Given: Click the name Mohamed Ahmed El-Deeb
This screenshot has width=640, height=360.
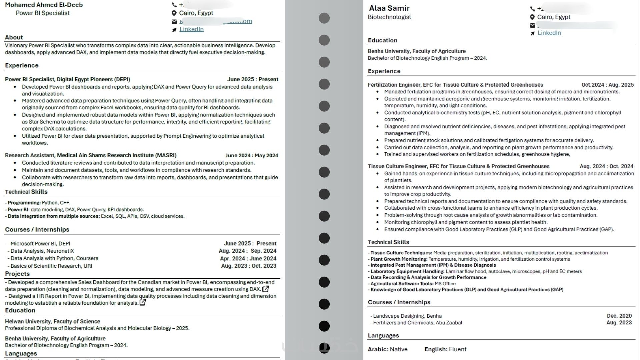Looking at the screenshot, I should point(44,5).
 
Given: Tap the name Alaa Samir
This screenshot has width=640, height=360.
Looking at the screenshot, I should point(389,8).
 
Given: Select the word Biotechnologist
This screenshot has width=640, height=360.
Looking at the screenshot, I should point(389,17).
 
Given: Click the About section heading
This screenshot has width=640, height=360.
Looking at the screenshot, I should point(14,37).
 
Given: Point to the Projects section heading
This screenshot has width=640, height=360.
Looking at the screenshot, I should point(17,274).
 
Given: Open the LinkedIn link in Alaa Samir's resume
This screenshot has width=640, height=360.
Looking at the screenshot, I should point(549,33).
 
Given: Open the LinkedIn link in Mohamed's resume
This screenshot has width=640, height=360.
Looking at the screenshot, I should point(191,29).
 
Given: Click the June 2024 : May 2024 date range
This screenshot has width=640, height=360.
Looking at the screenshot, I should point(252,155).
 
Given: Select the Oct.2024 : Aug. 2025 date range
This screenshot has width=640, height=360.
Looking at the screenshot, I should point(607,85).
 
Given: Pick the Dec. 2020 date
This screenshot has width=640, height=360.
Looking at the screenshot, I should point(619,316).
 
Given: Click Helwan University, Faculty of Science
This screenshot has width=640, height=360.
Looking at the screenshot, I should point(52,321).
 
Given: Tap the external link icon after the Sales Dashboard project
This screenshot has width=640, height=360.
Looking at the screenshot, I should point(266,289).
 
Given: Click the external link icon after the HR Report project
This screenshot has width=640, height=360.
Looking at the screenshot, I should point(143,303).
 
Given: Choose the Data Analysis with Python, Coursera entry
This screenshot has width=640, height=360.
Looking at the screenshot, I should point(54,258).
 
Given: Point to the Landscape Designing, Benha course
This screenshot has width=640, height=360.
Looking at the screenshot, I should point(407,316).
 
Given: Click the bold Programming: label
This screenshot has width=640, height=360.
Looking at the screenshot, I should point(24,203).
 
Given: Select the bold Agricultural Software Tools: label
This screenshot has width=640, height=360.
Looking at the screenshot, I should point(402,284).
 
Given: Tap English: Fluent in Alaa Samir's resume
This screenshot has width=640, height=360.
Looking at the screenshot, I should point(445,349).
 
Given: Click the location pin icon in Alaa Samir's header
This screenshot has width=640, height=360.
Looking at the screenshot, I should point(532,17).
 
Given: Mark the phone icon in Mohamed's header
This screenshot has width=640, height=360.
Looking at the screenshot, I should point(174,5).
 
